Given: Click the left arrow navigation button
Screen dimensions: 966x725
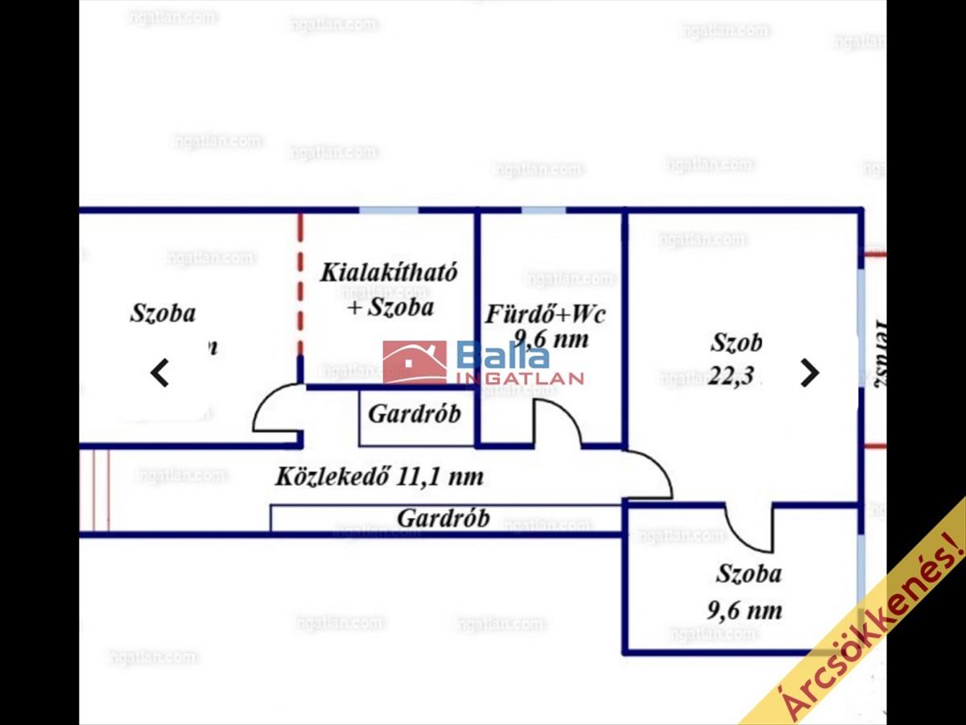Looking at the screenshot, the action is coord(160,373).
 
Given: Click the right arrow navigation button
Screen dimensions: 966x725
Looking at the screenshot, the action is coord(809,372).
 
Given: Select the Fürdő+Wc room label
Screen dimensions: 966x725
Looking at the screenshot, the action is coord(545,313).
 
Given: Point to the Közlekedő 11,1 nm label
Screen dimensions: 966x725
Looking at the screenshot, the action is coord(379,476).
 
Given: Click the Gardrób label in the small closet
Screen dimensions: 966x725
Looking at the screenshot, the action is coord(415,414).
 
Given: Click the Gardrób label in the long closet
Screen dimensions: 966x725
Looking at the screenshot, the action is coord(443,518).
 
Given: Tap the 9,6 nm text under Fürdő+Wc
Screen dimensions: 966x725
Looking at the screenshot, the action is coord(551,338).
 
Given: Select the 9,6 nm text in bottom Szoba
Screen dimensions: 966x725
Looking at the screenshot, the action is coord(744,610).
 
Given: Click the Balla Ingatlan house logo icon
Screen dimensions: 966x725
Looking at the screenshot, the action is coord(415,362).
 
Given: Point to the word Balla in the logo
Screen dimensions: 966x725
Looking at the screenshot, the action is coord(503,354).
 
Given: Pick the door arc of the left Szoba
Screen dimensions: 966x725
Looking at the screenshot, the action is coord(276,411).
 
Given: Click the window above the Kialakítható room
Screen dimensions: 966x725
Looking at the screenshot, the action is coord(388,211).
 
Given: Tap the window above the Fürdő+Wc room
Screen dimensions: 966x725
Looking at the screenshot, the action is coord(543,211).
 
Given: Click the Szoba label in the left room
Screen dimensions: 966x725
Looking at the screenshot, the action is coord(163,313).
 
